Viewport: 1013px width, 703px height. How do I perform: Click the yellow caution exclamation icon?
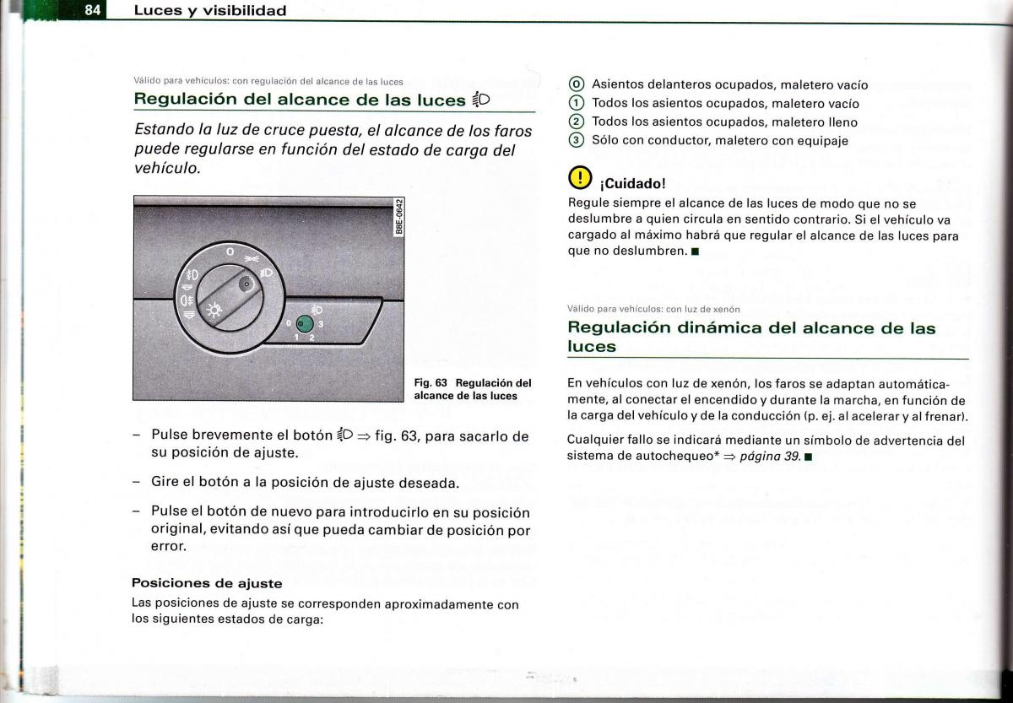pos(579,179)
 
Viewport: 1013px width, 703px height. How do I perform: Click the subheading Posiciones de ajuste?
pos(207,583)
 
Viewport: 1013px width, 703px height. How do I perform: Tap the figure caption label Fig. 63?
pos(430,382)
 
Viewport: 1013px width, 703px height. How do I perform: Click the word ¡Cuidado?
pos(632,184)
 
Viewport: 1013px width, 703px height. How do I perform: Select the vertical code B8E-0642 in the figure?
pos(401,218)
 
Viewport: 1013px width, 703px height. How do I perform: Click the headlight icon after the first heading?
pos(480,100)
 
